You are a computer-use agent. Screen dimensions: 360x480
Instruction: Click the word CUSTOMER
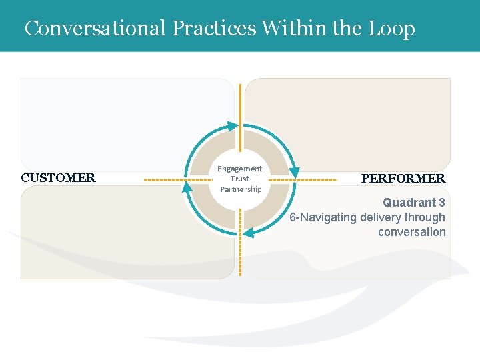[58, 178]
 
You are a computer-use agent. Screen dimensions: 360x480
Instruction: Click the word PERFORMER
[403, 179]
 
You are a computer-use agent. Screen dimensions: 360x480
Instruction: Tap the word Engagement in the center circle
[240, 169]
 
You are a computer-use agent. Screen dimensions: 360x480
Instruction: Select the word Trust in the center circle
[240, 179]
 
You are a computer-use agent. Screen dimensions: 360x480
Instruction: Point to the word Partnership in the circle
[241, 189]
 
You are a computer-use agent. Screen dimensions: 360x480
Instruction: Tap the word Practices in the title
[213, 28]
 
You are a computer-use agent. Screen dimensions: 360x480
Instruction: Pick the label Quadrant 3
[413, 202]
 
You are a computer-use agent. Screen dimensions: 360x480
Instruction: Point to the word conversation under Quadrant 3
[411, 232]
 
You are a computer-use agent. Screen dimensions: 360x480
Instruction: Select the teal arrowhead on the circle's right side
[294, 172]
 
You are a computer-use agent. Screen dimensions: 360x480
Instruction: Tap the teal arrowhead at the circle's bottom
[248, 233]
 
